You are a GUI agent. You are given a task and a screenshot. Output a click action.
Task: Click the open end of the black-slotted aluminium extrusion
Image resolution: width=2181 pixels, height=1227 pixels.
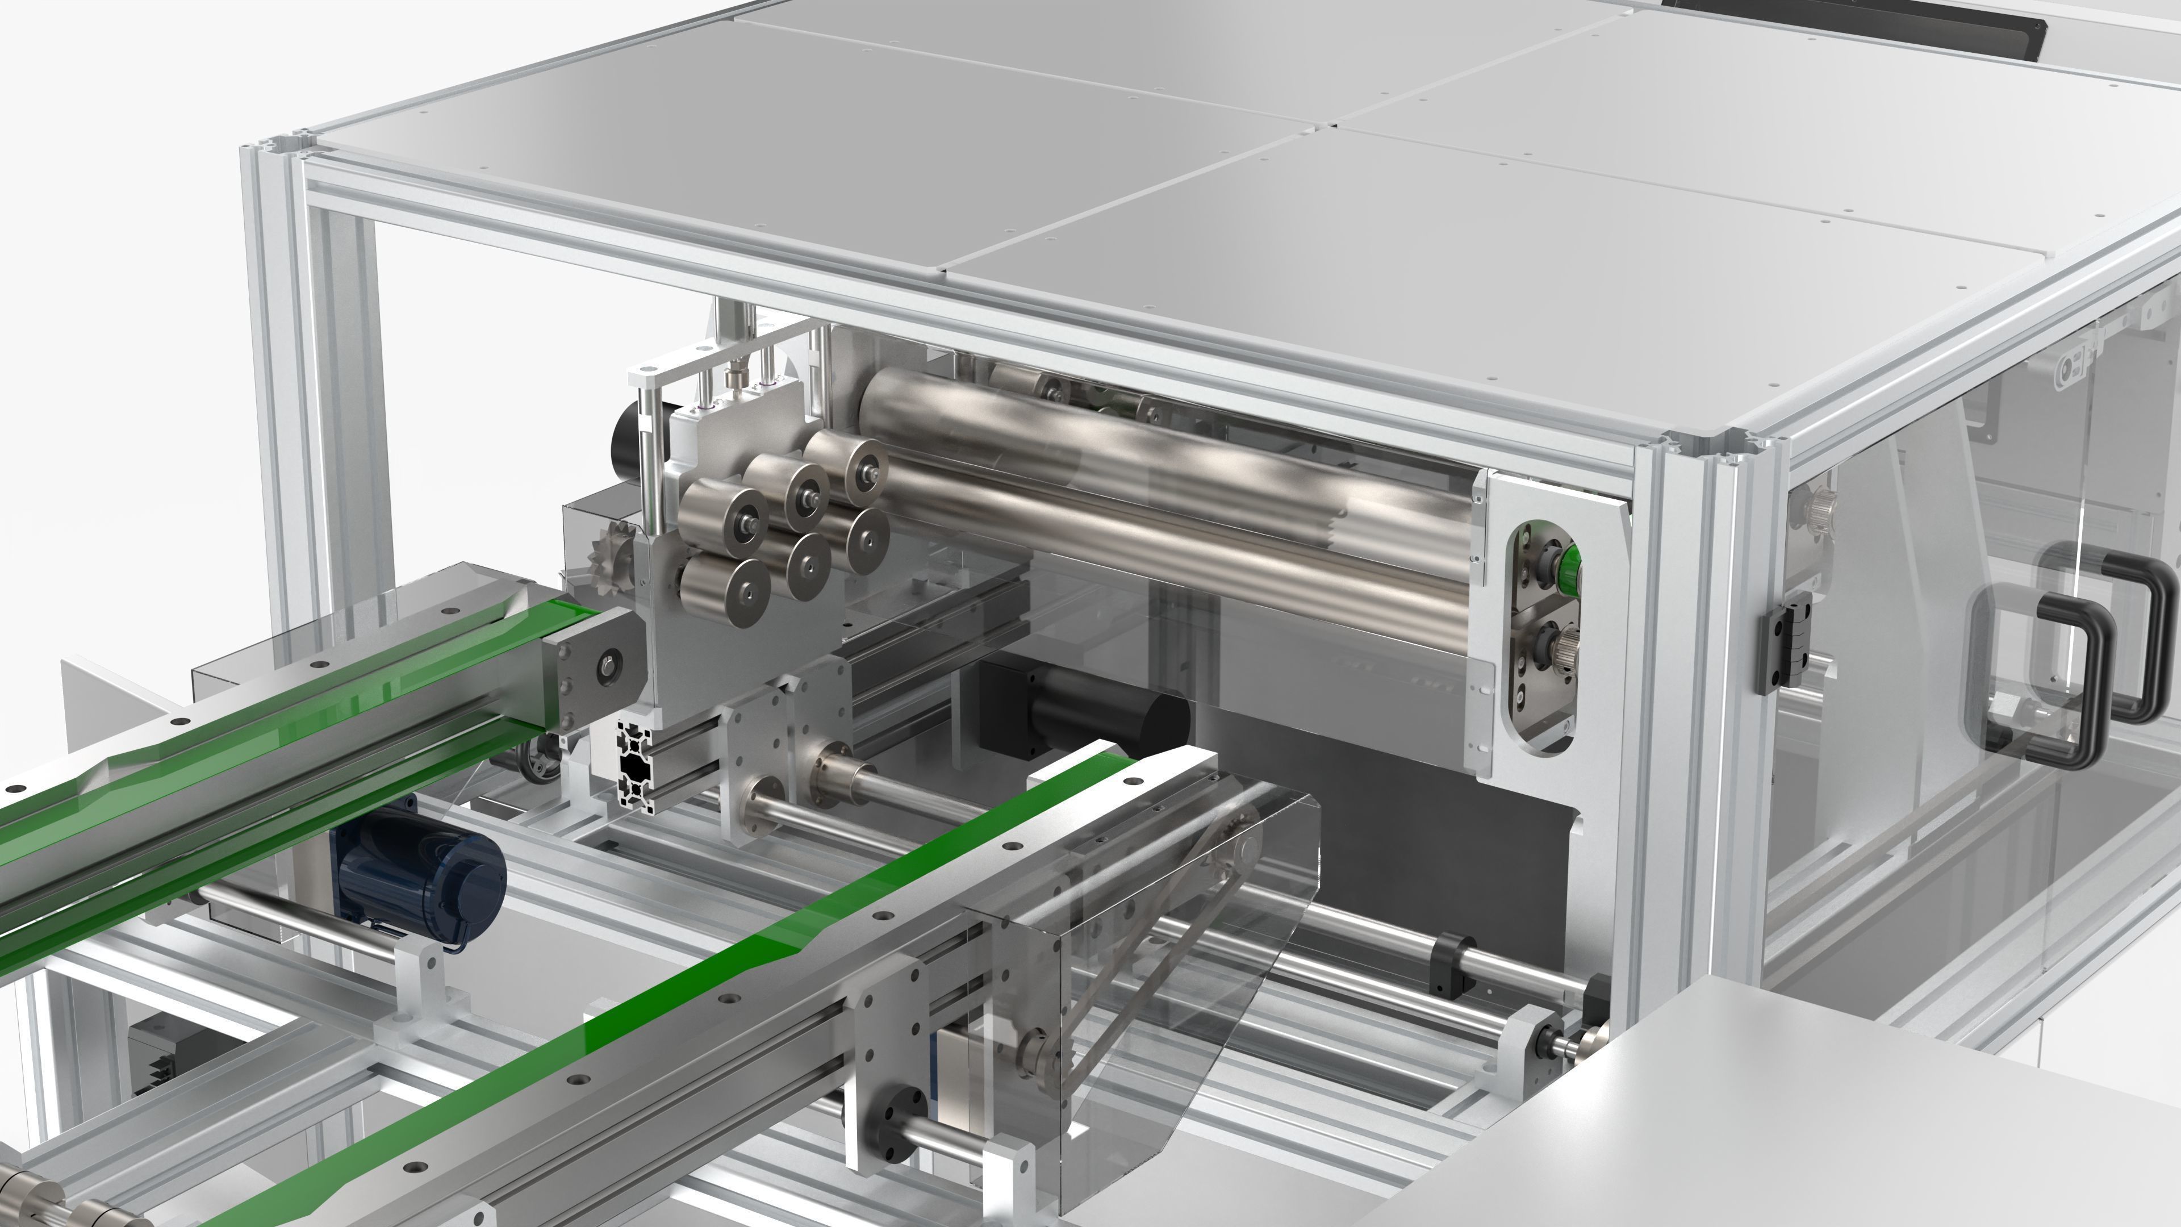tap(633, 766)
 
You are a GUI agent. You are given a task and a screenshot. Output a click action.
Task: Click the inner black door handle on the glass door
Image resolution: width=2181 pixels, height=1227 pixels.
tap(2049, 678)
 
